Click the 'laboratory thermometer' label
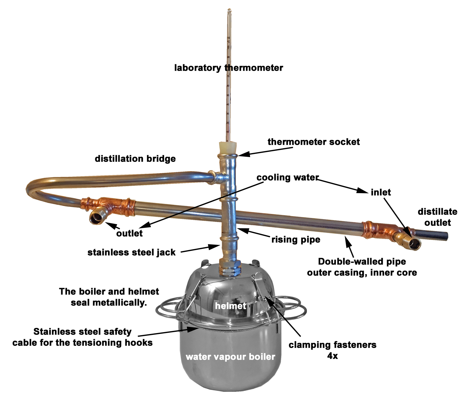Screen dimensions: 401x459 point(229,68)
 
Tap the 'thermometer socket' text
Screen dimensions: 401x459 point(314,142)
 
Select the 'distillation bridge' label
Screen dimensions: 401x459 point(135,159)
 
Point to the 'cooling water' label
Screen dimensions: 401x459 point(288,178)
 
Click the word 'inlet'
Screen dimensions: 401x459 point(381,192)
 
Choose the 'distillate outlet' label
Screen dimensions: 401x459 point(438,217)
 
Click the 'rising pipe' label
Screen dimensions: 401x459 point(296,239)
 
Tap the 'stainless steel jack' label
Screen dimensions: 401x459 point(132,252)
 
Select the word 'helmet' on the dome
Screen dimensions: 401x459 point(230,305)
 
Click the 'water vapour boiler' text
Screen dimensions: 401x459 point(230,357)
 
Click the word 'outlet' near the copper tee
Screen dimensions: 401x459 point(129,233)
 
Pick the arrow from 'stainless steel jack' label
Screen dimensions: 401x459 point(199,249)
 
